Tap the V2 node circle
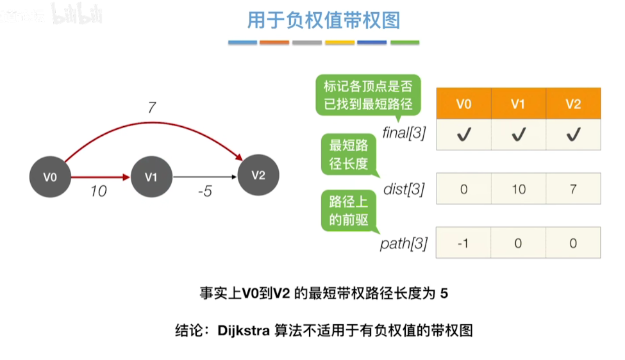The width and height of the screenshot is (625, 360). tap(258, 175)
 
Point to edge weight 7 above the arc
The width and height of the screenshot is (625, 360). tap(151, 108)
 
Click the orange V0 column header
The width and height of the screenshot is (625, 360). tap(463, 104)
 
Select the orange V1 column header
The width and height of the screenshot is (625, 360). tap(519, 104)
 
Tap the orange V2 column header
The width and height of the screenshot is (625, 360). tap(573, 104)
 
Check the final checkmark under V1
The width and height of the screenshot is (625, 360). tap(519, 134)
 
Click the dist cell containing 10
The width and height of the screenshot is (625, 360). tap(519, 189)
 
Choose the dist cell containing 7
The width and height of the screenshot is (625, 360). tap(573, 189)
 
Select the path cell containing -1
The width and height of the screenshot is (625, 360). tap(463, 243)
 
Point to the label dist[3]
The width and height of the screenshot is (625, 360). tap(404, 190)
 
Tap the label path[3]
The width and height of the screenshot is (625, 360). tap(404, 243)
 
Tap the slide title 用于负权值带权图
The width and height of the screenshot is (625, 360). tap(324, 20)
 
